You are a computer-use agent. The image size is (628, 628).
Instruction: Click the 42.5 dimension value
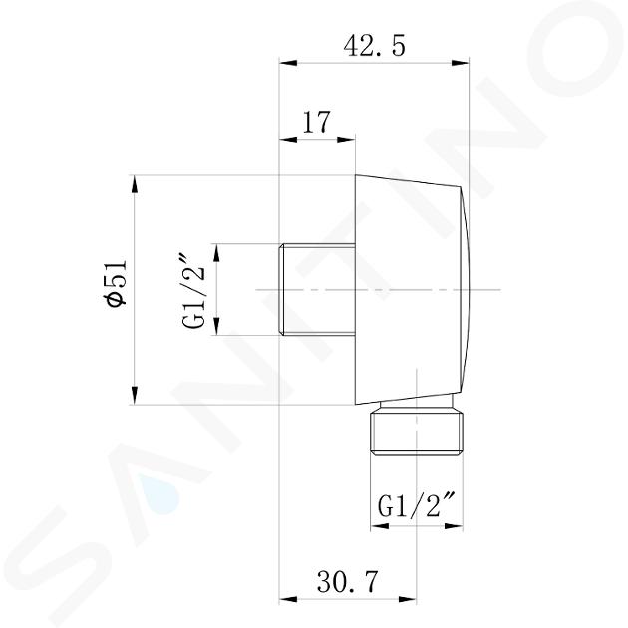point(374,47)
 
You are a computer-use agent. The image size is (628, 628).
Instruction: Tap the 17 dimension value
point(317,123)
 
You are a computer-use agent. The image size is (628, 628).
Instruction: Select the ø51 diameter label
point(115,284)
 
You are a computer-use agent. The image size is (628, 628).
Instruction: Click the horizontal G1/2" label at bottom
point(417,505)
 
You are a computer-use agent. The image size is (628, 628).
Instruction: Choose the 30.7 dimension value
point(348,581)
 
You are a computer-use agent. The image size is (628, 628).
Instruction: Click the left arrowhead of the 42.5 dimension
point(288,63)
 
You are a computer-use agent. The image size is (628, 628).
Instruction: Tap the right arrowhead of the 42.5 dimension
point(460,63)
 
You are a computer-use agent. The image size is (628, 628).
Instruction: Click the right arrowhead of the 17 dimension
point(346,140)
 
